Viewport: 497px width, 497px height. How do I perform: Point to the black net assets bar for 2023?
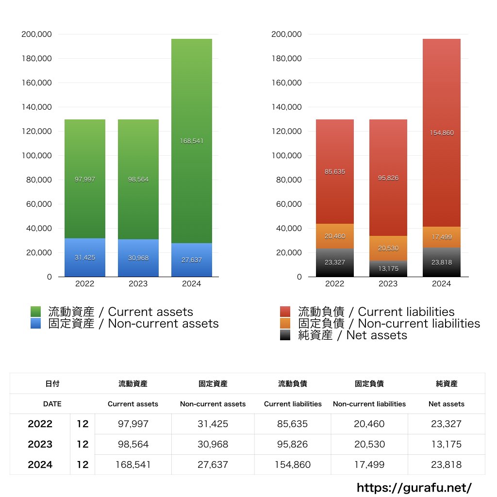coord(388,269)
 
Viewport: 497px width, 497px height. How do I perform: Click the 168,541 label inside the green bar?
coord(192,141)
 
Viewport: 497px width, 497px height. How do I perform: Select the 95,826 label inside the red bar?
coord(388,178)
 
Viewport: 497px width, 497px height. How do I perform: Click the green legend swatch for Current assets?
coord(35,312)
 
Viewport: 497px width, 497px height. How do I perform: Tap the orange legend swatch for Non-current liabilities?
coord(285,324)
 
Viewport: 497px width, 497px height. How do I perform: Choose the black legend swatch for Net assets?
coord(285,335)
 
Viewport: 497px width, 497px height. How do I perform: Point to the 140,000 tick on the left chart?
coord(37,107)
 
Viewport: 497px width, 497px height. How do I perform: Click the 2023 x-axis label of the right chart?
coord(388,284)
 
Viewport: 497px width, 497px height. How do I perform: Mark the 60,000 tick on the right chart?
coord(287,204)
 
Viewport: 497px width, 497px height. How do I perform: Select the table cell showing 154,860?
coord(293,464)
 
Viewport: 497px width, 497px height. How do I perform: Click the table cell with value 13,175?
coord(446,444)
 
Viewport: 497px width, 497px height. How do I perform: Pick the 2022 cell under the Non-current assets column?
coord(213,424)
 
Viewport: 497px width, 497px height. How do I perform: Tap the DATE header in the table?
coord(52,404)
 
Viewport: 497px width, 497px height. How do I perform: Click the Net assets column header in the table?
coord(446,404)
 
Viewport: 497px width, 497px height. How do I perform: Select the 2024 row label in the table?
coord(40,464)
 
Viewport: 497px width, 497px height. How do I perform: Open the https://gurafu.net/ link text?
coord(414,487)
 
